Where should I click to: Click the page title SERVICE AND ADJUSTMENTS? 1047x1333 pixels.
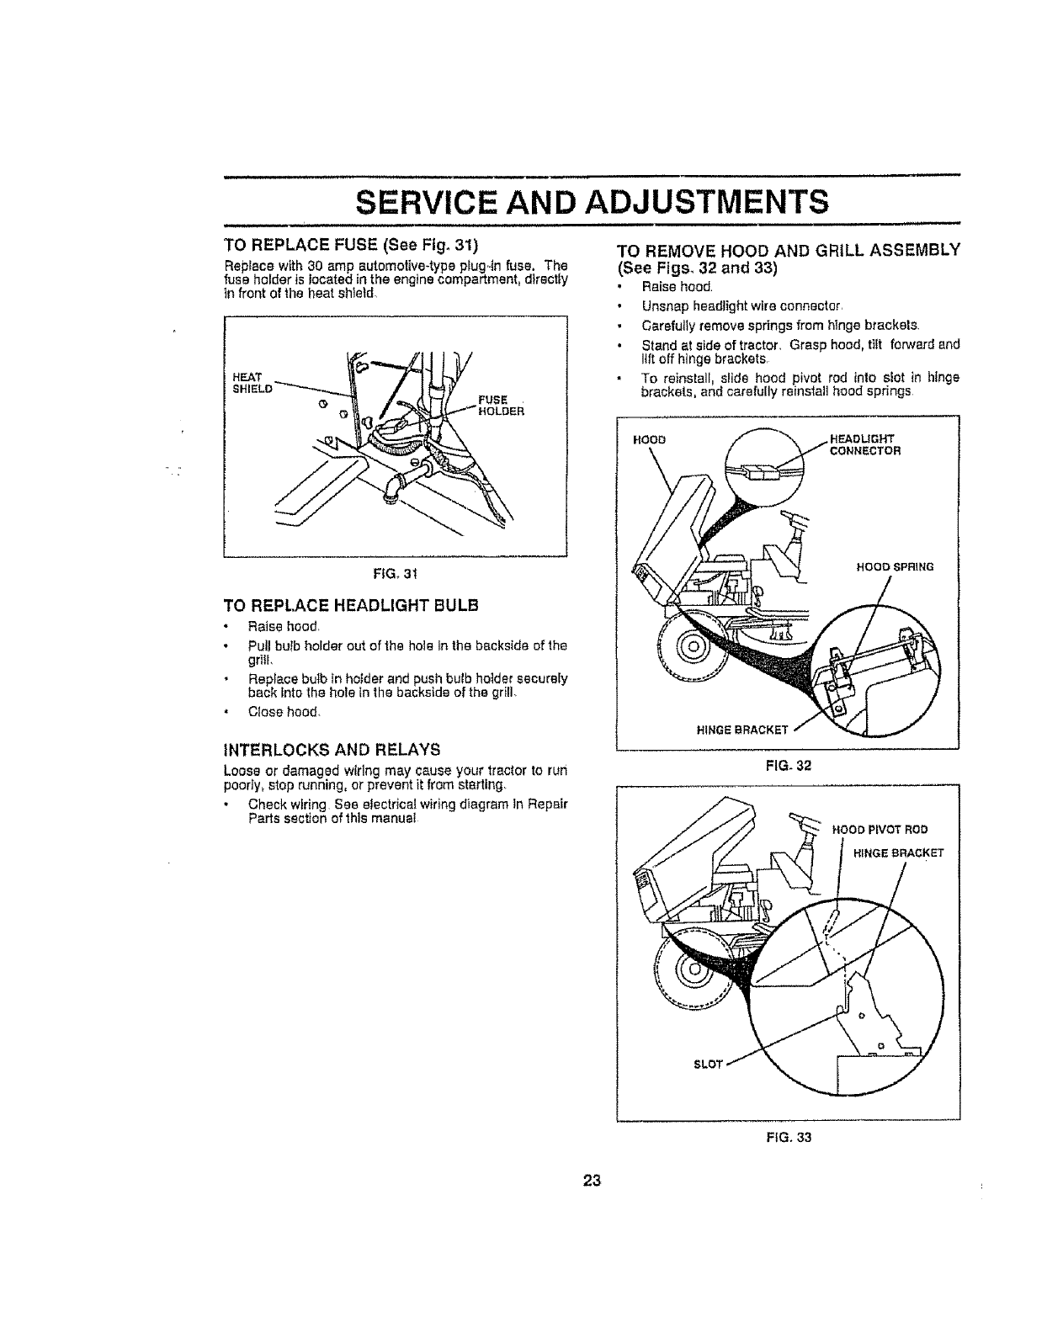[x=592, y=203]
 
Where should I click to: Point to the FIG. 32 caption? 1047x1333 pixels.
[x=789, y=766]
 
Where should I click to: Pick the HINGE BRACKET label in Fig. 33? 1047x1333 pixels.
[x=898, y=852]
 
